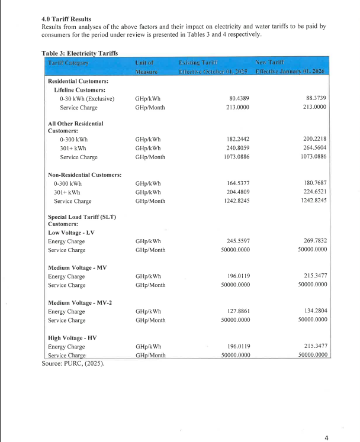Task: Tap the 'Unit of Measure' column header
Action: click(x=144, y=66)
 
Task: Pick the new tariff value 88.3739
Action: click(x=314, y=98)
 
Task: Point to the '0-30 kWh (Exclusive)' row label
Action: click(x=87, y=98)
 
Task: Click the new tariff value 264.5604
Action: click(x=314, y=148)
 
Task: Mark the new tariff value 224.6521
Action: click(x=314, y=192)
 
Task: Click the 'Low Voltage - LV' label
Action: click(x=70, y=233)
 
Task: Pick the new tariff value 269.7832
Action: click(x=314, y=241)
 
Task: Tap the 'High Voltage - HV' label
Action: click(x=71, y=338)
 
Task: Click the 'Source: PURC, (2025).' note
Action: click(x=73, y=363)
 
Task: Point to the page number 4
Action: click(x=326, y=437)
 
